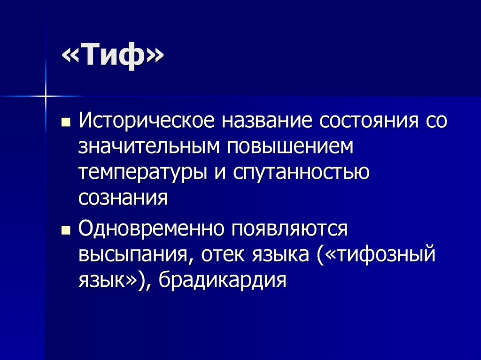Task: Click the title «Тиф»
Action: (112, 59)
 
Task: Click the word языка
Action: (280, 256)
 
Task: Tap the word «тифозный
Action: (375, 256)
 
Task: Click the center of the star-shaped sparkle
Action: (46, 96)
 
